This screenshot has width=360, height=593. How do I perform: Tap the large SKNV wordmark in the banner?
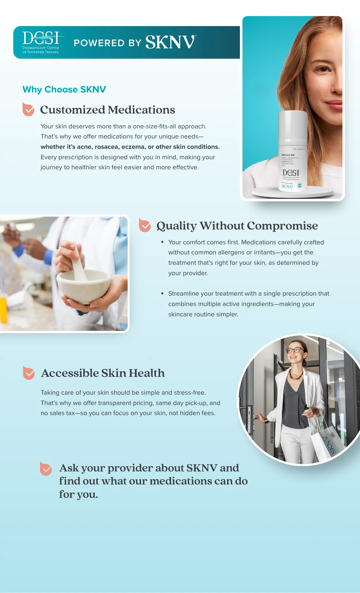[x=170, y=42]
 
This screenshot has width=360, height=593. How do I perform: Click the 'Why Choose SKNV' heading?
[x=64, y=89]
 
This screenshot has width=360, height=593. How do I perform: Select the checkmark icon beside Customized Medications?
[x=28, y=109]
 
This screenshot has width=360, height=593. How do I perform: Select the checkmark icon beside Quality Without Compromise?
[x=145, y=225]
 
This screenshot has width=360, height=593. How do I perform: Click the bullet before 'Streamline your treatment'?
[x=162, y=294]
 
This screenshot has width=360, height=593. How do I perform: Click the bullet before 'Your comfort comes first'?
[x=162, y=242]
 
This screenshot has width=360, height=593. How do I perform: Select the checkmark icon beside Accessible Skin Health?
[x=29, y=373]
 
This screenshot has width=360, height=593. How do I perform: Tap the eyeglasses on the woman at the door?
[x=294, y=350]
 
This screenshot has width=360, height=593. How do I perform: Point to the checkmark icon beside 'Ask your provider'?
[x=46, y=468]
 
